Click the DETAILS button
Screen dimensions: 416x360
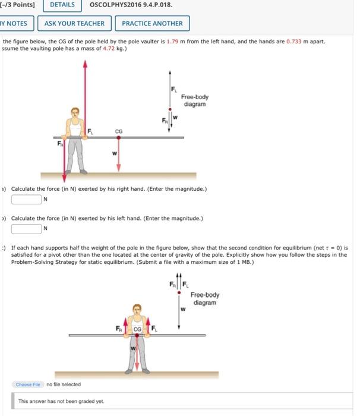click(62, 5)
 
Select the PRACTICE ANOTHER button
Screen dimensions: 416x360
click(152, 24)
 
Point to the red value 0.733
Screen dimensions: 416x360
click(295, 42)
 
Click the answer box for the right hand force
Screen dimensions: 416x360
click(26, 199)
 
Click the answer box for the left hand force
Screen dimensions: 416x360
click(26, 228)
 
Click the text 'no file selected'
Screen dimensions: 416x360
click(64, 385)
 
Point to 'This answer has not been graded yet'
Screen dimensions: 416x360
click(61, 401)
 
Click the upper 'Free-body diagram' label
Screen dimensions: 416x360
click(194, 100)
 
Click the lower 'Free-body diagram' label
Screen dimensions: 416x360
click(205, 298)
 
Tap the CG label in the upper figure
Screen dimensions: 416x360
click(118, 132)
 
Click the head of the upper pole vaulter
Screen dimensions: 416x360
click(75, 113)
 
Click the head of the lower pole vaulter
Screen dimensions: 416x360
click(138, 310)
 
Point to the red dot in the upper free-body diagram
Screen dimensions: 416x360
click(171, 109)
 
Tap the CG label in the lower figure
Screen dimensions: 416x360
click(137, 329)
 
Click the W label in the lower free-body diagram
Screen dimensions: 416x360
click(184, 308)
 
